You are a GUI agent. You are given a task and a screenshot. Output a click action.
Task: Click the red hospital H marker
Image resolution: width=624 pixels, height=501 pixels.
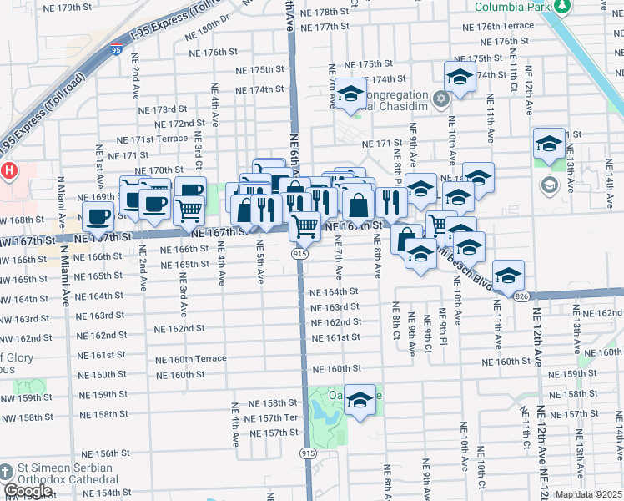(x=8, y=171)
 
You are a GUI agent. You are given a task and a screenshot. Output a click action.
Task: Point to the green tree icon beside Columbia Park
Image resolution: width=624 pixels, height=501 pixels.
(x=563, y=6)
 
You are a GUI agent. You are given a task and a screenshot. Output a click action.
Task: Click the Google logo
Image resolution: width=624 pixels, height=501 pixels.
(x=28, y=491)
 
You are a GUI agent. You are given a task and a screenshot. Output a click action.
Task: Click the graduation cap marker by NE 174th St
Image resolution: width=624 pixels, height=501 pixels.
(x=460, y=78)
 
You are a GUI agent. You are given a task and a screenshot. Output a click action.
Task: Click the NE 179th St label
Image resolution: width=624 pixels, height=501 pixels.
(x=69, y=8)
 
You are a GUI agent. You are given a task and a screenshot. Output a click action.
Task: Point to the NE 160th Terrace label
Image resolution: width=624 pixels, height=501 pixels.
(x=190, y=359)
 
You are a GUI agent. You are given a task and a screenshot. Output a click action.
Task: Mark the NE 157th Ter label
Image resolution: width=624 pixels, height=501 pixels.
(x=277, y=417)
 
